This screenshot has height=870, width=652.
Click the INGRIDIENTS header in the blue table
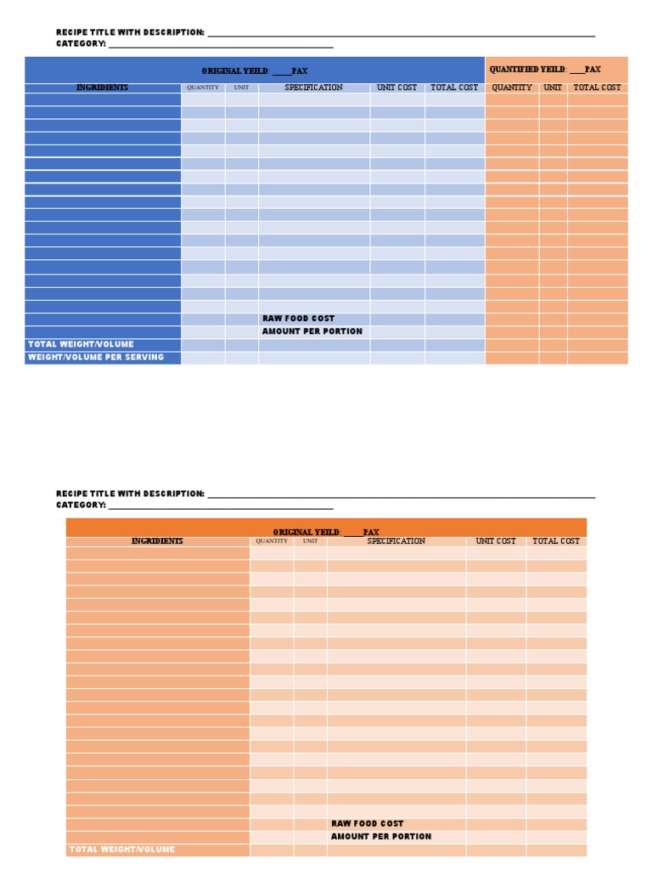coord(103,88)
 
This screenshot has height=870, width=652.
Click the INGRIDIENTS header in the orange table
coord(157,541)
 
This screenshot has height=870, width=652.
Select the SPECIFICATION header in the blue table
coord(313,88)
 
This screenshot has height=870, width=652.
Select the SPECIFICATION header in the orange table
coord(396,541)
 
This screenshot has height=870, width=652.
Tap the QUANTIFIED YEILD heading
coord(545,70)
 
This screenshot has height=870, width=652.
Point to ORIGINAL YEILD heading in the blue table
coord(255,71)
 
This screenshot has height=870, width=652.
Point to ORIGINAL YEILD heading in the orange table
coord(326,532)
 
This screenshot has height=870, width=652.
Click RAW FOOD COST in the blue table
coord(298,319)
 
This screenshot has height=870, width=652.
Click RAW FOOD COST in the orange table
coord(368,823)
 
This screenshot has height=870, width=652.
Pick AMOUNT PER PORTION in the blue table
coord(312,331)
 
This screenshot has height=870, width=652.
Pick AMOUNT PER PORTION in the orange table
coord(380,837)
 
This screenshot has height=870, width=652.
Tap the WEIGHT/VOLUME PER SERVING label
coord(96,358)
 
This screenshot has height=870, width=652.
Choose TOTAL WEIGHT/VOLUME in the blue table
coord(81,344)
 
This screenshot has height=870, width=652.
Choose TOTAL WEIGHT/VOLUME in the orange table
coord(121,850)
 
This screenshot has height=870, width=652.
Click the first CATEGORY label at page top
coord(81,43)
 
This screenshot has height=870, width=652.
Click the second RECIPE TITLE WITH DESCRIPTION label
coord(130,494)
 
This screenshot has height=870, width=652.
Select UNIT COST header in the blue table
coord(396,88)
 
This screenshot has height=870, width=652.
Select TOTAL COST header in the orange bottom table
coord(556,541)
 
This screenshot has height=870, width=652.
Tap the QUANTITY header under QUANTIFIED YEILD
coord(512,88)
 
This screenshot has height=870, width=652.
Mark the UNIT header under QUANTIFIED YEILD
coord(553,88)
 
